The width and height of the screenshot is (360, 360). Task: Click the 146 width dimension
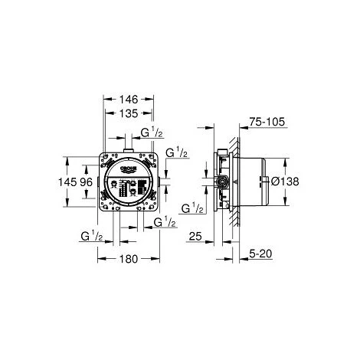pyautogui.click(x=128, y=99)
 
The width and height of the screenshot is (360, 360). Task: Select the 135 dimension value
pyautogui.click(x=128, y=113)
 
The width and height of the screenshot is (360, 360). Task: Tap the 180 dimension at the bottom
pyautogui.click(x=128, y=259)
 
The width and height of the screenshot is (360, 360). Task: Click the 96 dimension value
pyautogui.click(x=86, y=183)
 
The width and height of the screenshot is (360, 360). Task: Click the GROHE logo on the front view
pyautogui.click(x=128, y=167)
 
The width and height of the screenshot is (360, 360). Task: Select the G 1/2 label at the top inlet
pyautogui.click(x=152, y=133)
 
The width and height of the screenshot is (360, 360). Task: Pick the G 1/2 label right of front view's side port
pyautogui.click(x=178, y=153)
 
